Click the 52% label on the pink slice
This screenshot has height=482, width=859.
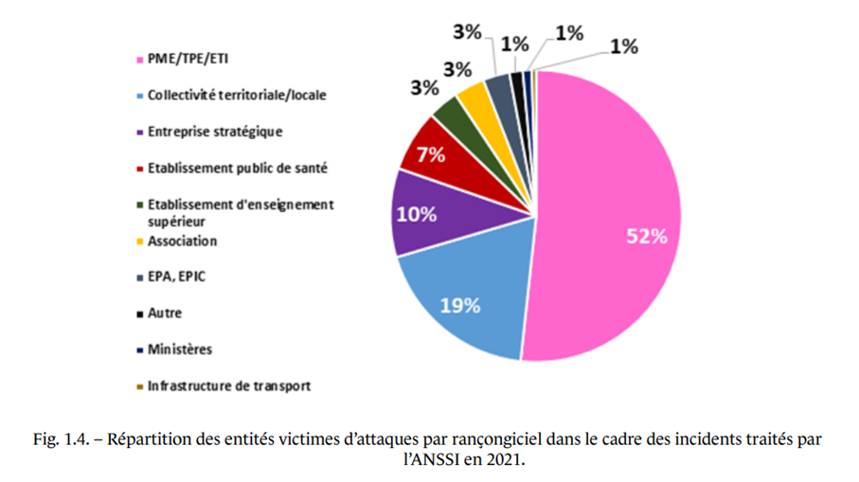pos(647,237)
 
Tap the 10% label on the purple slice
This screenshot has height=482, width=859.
pos(417,214)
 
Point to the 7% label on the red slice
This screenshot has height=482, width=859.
pos(431,155)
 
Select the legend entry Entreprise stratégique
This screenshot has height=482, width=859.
pos(214,132)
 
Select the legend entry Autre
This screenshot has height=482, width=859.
pos(164,313)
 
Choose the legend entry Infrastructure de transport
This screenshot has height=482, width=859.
pos(228,386)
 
